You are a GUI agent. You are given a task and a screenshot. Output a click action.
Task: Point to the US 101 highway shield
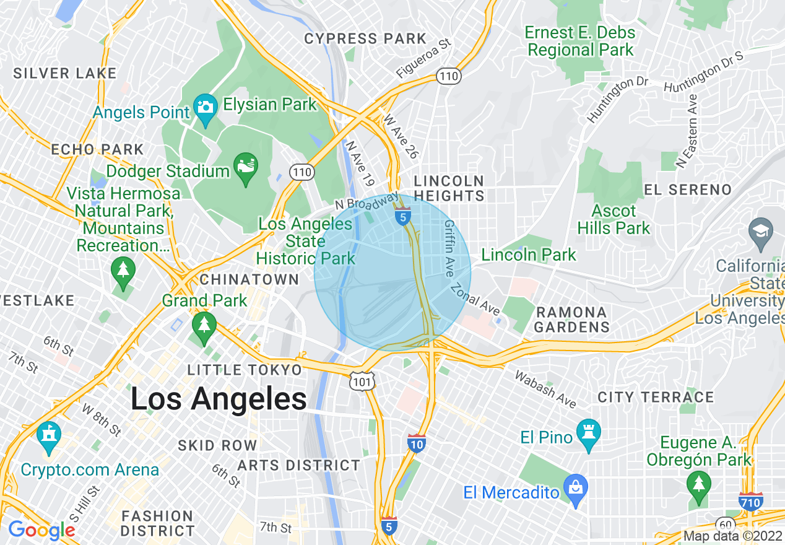point(362,381)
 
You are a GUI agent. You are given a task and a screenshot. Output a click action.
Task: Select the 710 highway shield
point(750,501)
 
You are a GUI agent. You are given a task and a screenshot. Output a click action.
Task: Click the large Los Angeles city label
point(219,399)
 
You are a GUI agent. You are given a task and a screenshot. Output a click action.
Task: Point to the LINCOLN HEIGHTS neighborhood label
point(449,188)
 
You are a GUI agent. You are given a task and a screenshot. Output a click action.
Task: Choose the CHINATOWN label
point(249,279)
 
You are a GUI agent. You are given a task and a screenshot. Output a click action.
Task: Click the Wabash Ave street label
point(545,390)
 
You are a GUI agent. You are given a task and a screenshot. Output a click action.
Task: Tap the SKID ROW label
point(217,445)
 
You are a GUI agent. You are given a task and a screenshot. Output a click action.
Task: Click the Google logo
point(41,530)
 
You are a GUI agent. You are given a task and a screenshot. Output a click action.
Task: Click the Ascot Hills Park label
point(614,220)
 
